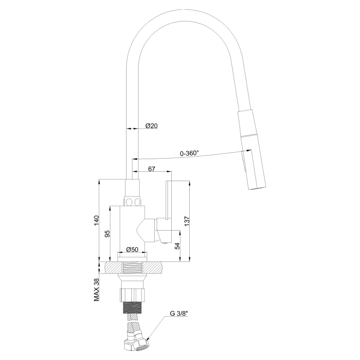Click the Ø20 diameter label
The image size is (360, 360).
point(151,126)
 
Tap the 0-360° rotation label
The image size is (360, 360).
point(189,153)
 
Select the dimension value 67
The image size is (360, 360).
point(151,169)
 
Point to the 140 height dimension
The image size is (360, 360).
point(96,220)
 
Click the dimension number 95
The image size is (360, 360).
point(107,234)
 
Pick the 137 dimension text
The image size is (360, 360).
point(187,221)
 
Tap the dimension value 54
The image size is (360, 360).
point(177,246)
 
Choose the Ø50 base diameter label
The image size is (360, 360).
point(132,249)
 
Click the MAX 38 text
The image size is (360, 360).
point(96,289)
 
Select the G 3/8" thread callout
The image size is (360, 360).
point(179,313)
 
